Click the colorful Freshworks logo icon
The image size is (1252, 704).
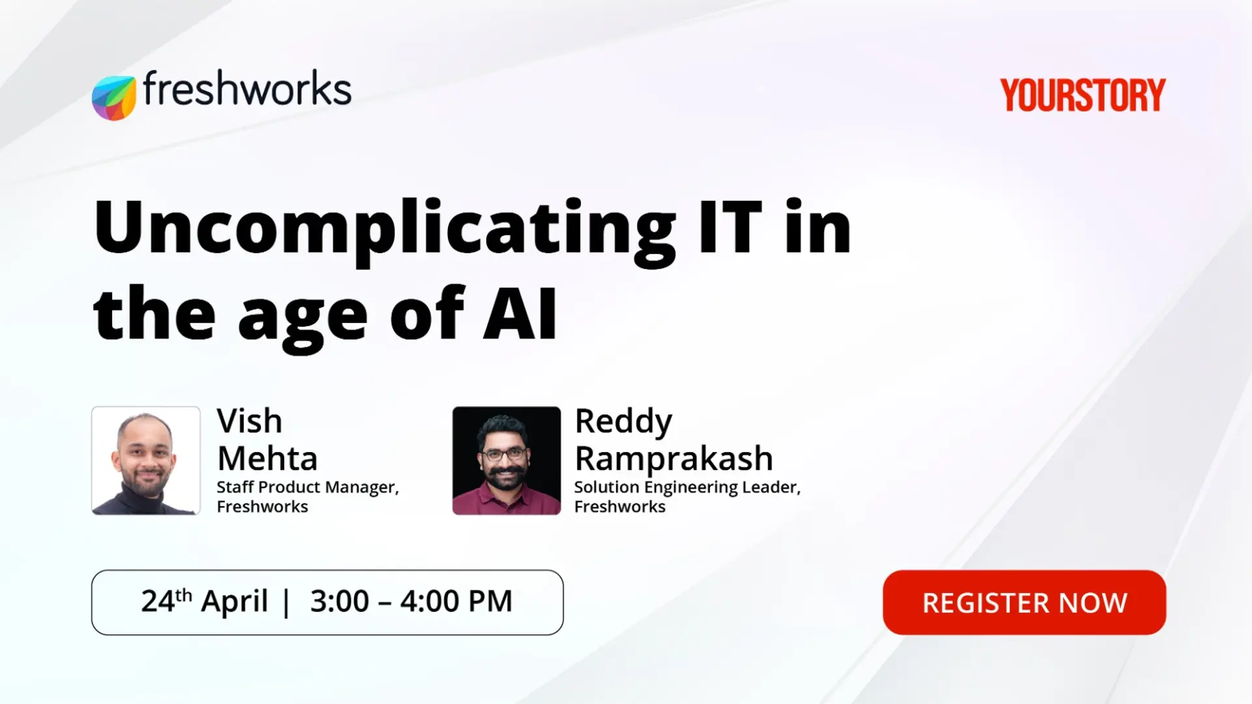pyautogui.click(x=114, y=98)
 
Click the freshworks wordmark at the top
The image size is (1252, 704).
pyautogui.click(x=247, y=89)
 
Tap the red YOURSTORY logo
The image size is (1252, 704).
pyautogui.click(x=1082, y=95)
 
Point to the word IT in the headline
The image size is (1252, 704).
pyautogui.click(x=730, y=227)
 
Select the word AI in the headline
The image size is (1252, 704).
pyautogui.click(x=520, y=314)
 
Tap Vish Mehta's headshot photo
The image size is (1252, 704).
pyautogui.click(x=146, y=461)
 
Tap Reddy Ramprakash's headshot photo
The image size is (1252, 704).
pyautogui.click(x=507, y=461)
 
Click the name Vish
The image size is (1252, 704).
pyautogui.click(x=249, y=421)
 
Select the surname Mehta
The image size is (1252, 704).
pyautogui.click(x=267, y=459)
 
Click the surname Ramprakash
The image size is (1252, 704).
pyautogui.click(x=674, y=459)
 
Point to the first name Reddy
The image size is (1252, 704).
pyautogui.click(x=623, y=422)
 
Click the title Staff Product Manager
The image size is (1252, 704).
pyautogui.click(x=307, y=487)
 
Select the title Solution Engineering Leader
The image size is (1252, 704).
pyautogui.click(x=687, y=487)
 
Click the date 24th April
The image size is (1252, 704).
pyautogui.click(x=204, y=601)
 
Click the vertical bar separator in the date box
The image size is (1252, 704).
pyautogui.click(x=286, y=602)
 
